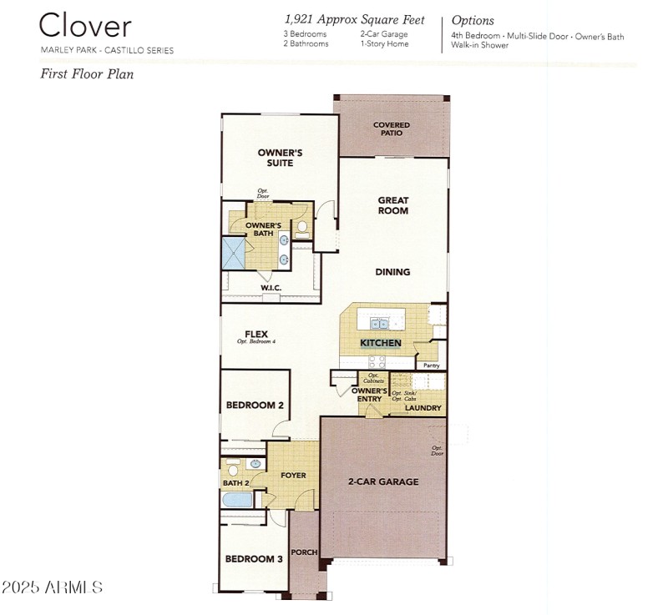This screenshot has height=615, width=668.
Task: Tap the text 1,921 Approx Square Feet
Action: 354,19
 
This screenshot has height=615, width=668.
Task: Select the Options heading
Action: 473,20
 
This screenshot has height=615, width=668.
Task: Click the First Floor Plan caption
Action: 88,73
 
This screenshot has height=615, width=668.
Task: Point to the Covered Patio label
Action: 392,129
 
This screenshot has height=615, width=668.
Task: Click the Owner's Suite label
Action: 279,158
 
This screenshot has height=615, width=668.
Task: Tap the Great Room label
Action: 392,205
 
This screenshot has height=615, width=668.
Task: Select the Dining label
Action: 392,272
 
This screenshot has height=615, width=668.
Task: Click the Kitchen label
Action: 381,343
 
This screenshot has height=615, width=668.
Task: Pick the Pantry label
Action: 431,365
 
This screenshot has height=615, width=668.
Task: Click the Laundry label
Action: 423,408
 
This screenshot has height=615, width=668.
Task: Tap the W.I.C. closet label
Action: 271,288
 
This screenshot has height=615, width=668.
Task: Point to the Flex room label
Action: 256,335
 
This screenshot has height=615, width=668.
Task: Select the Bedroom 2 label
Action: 255,406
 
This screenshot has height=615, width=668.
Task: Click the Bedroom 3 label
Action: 254,559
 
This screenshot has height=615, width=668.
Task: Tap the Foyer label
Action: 293,476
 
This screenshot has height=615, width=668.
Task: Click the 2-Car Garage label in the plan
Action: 383,481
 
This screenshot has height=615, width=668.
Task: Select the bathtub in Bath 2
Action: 237,500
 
